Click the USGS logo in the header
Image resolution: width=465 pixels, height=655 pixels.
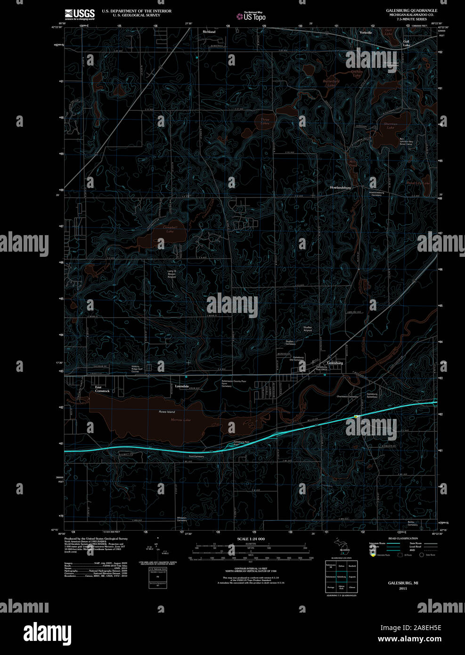80,14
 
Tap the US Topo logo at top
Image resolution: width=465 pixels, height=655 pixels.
252,16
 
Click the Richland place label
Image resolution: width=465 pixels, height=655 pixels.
209,32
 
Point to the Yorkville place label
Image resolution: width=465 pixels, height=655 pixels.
366,33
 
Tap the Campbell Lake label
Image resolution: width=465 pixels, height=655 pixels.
170,229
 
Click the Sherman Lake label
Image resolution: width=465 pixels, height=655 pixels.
391,126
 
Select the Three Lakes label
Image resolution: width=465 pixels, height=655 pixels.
265,122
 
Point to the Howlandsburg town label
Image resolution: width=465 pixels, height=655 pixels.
340,188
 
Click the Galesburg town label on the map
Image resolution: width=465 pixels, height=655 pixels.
335,363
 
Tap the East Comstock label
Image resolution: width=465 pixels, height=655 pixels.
102,389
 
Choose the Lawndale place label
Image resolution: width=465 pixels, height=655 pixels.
182,386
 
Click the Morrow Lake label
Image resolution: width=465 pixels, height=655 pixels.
180,419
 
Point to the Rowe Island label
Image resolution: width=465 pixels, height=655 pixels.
167,412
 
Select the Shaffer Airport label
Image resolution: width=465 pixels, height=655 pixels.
308,328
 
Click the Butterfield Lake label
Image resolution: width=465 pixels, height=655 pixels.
331,83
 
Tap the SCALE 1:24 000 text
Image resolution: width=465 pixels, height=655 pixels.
251,539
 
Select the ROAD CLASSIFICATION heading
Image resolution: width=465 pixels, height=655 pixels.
403,538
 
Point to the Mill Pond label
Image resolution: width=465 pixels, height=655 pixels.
353,164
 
